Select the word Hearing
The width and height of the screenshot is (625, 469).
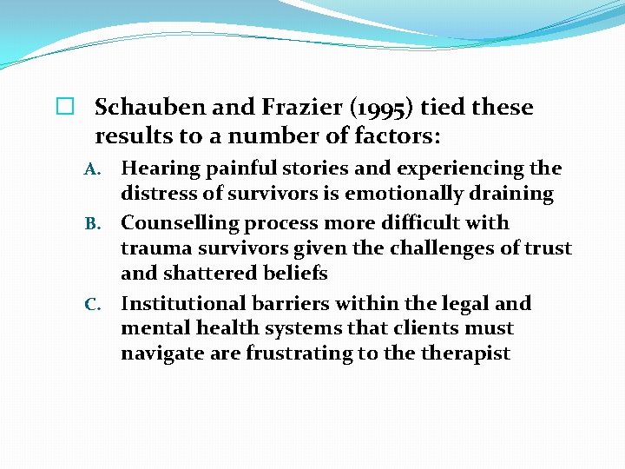tap(159, 168)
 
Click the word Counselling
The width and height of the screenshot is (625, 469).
tap(180, 223)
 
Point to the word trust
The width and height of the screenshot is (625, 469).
tap(548, 248)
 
